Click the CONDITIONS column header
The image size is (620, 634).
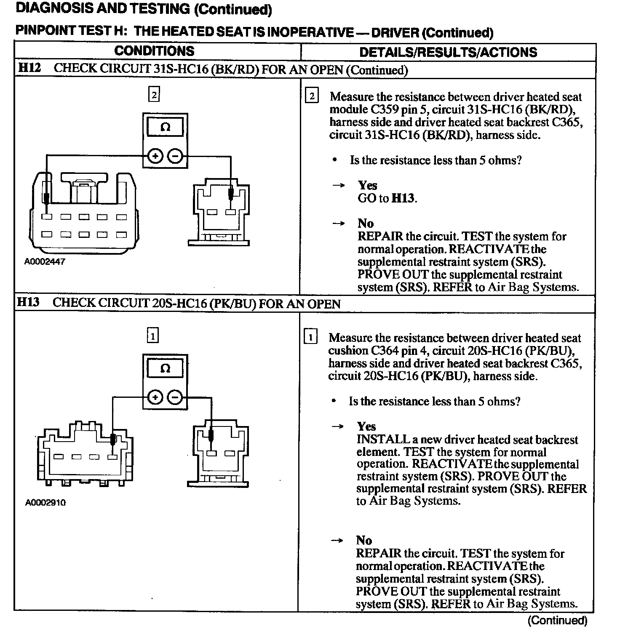click(154, 51)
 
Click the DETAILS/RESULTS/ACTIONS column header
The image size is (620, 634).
click(448, 52)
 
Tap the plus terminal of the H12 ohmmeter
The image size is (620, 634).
click(155, 157)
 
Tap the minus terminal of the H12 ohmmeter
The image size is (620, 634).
click(175, 157)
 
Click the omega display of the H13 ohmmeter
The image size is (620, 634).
click(165, 369)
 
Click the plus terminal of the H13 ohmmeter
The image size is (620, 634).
click(155, 397)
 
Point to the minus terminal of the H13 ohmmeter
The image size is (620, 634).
click(175, 397)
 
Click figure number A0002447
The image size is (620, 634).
click(45, 261)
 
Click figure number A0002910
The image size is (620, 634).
click(45, 502)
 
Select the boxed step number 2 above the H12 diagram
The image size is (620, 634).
click(154, 95)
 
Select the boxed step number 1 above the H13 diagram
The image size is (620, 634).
click(153, 336)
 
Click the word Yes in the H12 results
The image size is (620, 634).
click(367, 185)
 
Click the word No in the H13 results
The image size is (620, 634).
click(364, 540)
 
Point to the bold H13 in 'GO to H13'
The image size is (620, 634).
click(403, 198)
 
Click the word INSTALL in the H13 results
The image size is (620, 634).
click(378, 440)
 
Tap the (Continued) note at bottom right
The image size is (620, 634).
click(557, 620)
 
